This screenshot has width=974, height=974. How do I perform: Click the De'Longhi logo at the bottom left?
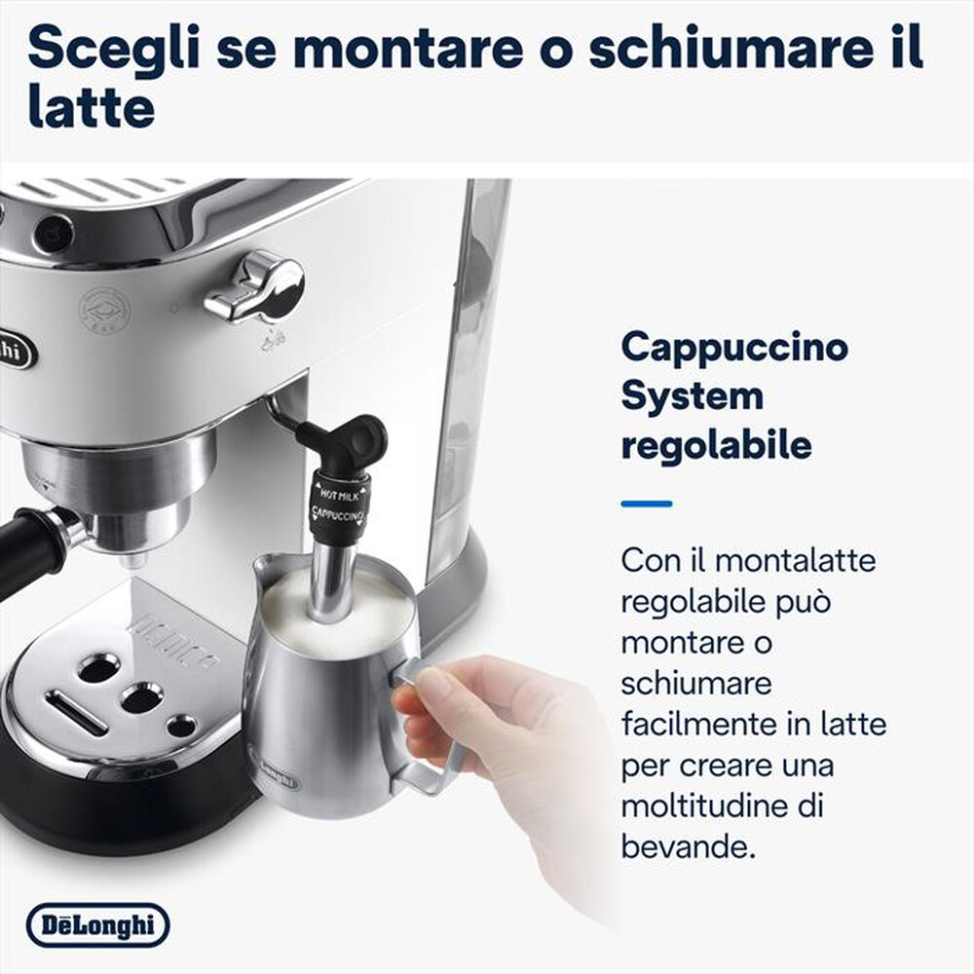pos(97,925)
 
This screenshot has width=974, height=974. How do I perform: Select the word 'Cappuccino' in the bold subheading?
pos(733,348)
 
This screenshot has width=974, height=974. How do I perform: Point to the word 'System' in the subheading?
pos(692,396)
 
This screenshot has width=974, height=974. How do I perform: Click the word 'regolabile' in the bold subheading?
pos(716,446)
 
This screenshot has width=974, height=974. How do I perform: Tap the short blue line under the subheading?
pos(646,504)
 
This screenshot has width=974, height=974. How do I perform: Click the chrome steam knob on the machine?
pos(255,285)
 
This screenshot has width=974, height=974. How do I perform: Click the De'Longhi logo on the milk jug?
pos(276,768)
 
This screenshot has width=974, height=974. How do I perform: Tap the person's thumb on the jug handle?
pos(429,686)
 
